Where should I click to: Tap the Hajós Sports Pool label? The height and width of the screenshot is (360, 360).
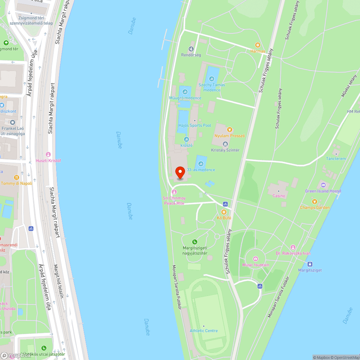194,125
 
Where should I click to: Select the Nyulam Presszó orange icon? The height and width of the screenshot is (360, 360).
229,130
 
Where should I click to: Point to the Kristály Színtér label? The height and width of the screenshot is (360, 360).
225,150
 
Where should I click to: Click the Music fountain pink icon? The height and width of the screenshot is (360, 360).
256,258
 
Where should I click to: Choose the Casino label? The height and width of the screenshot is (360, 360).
279,196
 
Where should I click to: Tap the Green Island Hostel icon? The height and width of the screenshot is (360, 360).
323,185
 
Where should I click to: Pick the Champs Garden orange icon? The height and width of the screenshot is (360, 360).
314,201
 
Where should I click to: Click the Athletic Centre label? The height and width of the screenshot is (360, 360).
204,330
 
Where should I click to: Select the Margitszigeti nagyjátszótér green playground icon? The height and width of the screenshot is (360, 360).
195,242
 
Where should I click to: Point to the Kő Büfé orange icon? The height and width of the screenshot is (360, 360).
224,212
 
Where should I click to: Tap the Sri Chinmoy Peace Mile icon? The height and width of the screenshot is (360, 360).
174,192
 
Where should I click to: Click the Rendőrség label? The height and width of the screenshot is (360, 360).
191,55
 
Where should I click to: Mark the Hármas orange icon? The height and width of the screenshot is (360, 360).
258,45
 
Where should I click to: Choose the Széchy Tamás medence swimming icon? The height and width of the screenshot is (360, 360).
212,79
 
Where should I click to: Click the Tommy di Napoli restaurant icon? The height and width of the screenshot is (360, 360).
16,177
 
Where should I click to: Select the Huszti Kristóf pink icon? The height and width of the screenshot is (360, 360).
48,154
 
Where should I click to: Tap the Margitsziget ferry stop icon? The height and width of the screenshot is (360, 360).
310,264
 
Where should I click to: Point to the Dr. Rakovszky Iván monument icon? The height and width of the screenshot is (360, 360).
293,247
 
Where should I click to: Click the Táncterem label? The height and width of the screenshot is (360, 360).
336,158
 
